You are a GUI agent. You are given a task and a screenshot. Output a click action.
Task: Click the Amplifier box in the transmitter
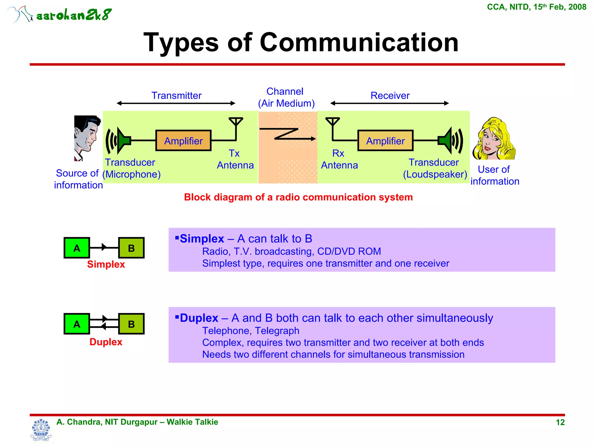[x=183, y=141]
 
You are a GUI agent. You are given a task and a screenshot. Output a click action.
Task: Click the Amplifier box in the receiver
[x=385, y=141]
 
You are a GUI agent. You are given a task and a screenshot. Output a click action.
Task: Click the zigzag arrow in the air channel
[x=288, y=134]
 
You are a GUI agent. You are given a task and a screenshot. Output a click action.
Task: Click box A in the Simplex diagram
[x=77, y=248]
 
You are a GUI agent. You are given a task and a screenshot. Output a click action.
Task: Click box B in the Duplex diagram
[x=131, y=324]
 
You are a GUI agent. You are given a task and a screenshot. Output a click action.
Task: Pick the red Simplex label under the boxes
[x=106, y=264]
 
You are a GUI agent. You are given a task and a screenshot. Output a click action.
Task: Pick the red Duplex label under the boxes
[x=106, y=342]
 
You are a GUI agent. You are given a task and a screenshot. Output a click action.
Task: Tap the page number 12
[x=560, y=422]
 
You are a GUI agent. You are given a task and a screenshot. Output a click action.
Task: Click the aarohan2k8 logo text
[x=74, y=15]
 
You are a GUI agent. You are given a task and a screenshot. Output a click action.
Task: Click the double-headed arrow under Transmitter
[x=176, y=103]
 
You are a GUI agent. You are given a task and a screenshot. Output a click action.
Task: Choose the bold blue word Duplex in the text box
[x=199, y=318]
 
